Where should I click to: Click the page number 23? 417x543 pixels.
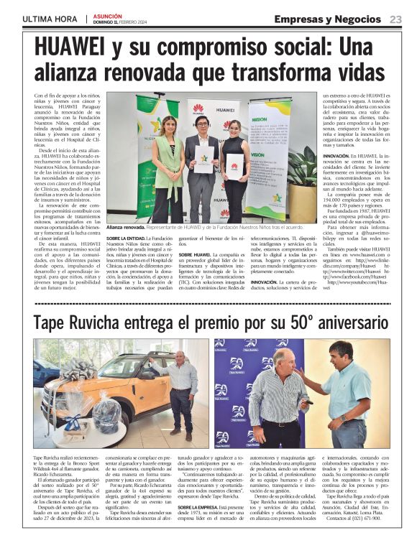click(395, 19)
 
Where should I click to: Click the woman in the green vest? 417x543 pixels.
click(169, 165)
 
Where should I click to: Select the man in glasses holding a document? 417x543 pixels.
click(203, 162)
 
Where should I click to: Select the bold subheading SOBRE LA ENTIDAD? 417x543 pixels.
click(127, 238)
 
